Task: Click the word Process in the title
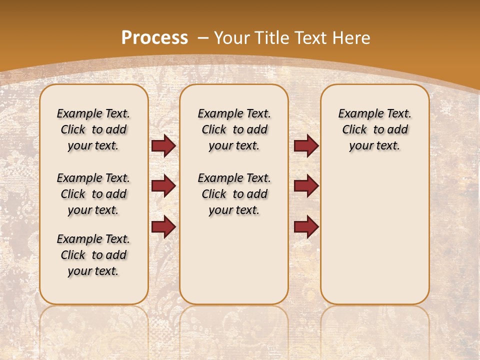click(155, 38)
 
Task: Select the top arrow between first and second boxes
click(163, 146)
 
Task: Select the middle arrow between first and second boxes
click(163, 186)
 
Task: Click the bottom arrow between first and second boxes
click(163, 227)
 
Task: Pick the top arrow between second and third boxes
click(306, 146)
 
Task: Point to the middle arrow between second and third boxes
click(306, 186)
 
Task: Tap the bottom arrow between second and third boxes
click(306, 227)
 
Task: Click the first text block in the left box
click(93, 129)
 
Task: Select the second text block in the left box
click(93, 194)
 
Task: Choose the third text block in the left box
click(93, 255)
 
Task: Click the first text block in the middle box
click(234, 129)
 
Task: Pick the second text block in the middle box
click(234, 194)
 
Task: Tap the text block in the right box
click(374, 129)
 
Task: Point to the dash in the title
click(203, 38)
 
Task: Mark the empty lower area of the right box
click(374, 235)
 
